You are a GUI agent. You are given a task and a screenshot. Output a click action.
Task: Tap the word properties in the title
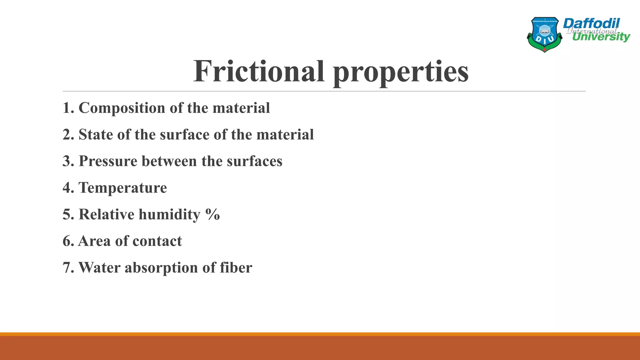(x=401, y=72)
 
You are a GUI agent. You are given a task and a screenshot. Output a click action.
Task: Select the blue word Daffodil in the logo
(x=591, y=23)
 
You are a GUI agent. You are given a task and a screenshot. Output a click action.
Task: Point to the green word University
(x=601, y=37)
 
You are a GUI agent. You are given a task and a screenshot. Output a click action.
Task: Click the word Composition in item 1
(x=122, y=108)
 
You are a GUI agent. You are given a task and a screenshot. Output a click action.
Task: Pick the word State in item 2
(x=96, y=135)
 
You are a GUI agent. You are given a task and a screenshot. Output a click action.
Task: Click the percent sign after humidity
(x=213, y=214)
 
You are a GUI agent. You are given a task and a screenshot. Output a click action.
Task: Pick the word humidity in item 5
(x=169, y=215)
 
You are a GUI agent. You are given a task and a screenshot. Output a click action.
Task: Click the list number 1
(x=67, y=108)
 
